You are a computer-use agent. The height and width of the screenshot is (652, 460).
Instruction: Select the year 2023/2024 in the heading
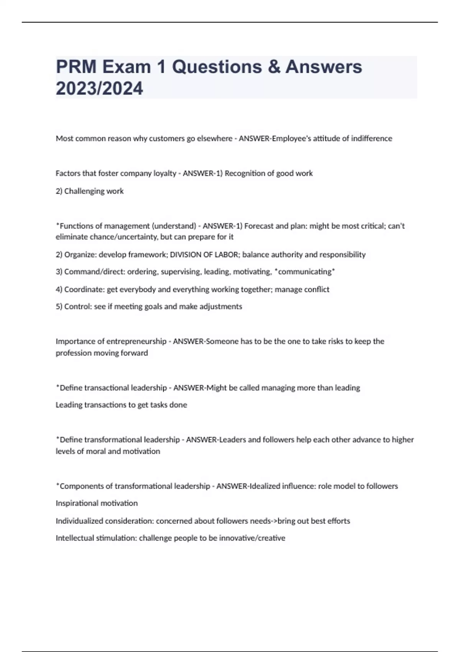coord(99,88)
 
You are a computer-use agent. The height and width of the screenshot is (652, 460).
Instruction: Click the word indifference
coord(371,138)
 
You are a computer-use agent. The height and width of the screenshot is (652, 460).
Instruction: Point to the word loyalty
coord(164,173)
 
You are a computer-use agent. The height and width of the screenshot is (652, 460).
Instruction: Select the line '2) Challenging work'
coord(90,191)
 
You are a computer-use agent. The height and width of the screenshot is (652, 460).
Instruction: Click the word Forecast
coord(259,226)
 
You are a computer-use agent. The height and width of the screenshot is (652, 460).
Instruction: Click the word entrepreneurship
coord(136,341)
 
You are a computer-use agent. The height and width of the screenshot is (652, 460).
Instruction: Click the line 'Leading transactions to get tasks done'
coord(121,405)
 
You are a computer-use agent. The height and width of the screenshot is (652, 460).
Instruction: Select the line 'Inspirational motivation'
coord(97,503)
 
